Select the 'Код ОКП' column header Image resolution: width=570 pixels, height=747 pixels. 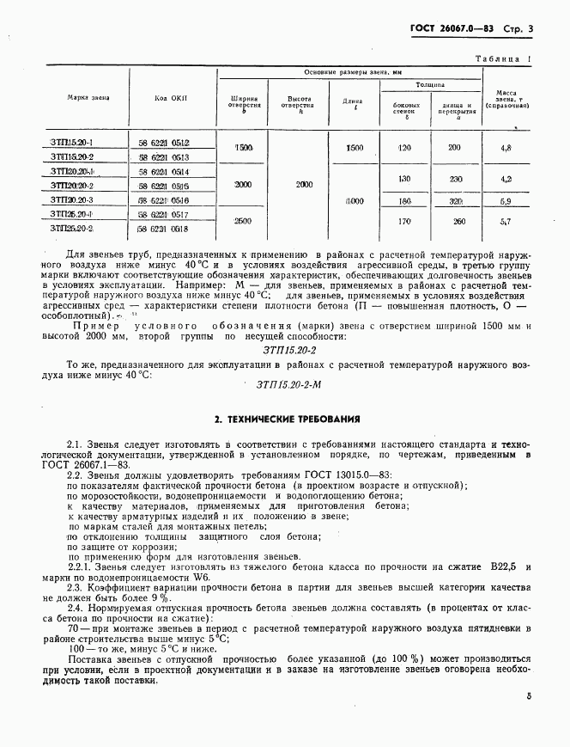171,99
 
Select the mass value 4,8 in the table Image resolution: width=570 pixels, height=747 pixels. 506,149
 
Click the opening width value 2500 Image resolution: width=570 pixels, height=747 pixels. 243,221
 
